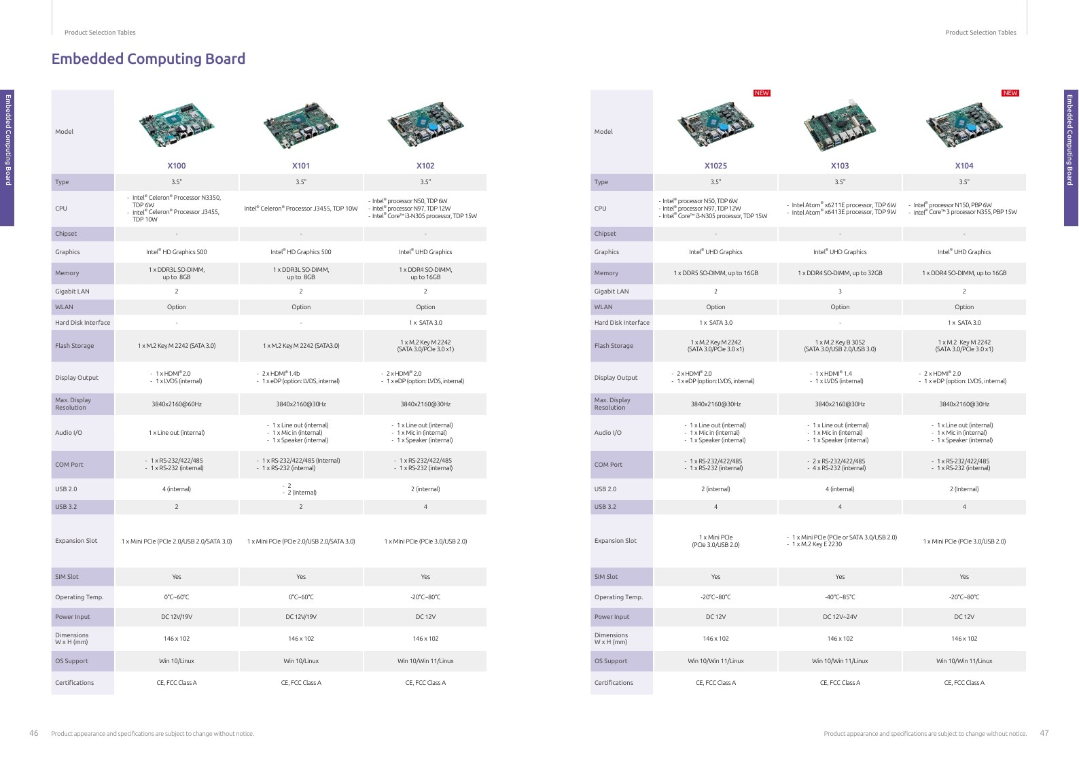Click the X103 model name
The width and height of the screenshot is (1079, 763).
pos(840,166)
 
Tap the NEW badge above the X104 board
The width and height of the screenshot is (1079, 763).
pos(1010,93)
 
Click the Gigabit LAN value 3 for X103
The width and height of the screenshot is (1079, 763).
pos(840,291)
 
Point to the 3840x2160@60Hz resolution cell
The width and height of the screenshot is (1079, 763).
pos(176,404)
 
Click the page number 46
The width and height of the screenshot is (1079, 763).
pos(34,732)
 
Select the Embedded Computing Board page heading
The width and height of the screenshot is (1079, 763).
pos(148,58)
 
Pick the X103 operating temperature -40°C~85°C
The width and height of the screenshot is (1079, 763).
pos(840,597)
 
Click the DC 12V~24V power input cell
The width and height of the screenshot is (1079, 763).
pos(840,617)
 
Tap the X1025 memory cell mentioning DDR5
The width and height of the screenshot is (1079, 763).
pos(715,273)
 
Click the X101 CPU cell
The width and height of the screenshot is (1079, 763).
pos(300,209)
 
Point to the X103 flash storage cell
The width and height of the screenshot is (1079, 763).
pos(840,346)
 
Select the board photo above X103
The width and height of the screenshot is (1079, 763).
pos(840,125)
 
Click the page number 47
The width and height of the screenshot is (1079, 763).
pos(1044,732)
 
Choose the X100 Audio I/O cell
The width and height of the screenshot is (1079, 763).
pos(176,433)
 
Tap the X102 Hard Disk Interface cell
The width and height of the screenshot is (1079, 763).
pos(425,323)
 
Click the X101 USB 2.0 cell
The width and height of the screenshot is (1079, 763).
pos(300,489)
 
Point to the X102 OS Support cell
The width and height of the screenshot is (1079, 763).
pos(425,661)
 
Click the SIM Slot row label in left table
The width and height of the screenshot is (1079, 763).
pos(67,577)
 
